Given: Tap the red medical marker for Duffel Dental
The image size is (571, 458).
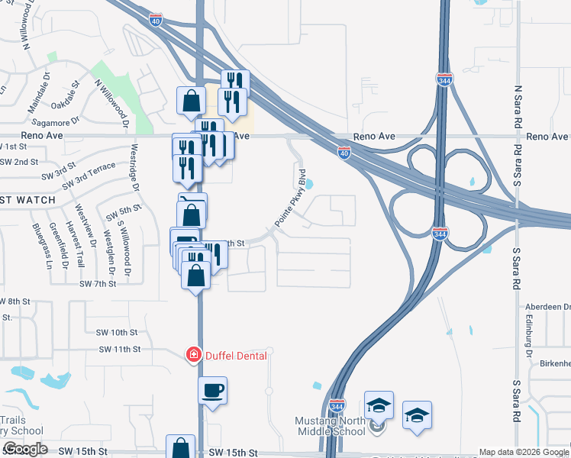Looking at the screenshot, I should pyautogui.click(x=194, y=355).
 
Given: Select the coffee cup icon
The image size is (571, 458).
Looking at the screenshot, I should pyautogui.click(x=212, y=389).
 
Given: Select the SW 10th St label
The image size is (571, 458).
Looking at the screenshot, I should pyautogui.click(x=118, y=332).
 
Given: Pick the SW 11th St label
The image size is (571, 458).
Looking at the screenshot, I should pyautogui.click(x=120, y=349).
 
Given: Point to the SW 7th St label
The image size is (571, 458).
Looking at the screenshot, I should pyautogui.click(x=98, y=283).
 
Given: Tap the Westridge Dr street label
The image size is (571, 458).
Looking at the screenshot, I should pyautogui.click(x=134, y=168).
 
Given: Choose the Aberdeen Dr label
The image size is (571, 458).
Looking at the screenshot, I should pyautogui.click(x=547, y=307).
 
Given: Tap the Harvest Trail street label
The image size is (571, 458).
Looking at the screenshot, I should pyautogui.click(x=71, y=240).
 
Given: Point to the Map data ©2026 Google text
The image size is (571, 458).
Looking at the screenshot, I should pyautogui.click(x=524, y=452).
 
